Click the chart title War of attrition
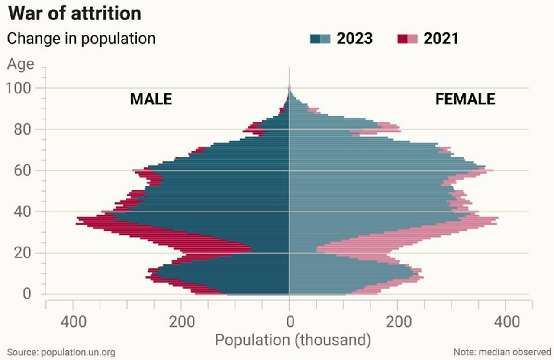[74, 13]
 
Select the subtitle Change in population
[81, 39]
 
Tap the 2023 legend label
[354, 39]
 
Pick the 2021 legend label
[441, 39]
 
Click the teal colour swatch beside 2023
[320, 39]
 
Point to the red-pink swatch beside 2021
[407, 39]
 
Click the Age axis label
[20, 64]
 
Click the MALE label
[151, 99]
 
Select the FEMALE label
[465, 99]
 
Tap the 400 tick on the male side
[73, 322]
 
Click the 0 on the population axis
[290, 322]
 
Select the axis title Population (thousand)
[293, 340]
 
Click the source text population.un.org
[61, 352]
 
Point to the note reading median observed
[502, 352]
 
